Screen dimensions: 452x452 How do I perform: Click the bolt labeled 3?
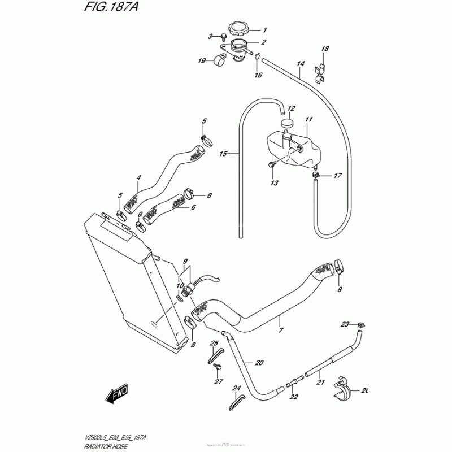click(224, 37)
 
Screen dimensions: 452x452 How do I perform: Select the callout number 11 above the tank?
click(308, 120)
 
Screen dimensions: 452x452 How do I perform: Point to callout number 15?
click(223, 154)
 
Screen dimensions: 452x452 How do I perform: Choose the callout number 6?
click(193, 208)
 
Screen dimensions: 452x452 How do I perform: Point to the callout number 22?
click(293, 397)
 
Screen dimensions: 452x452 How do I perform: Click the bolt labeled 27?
click(218, 367)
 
